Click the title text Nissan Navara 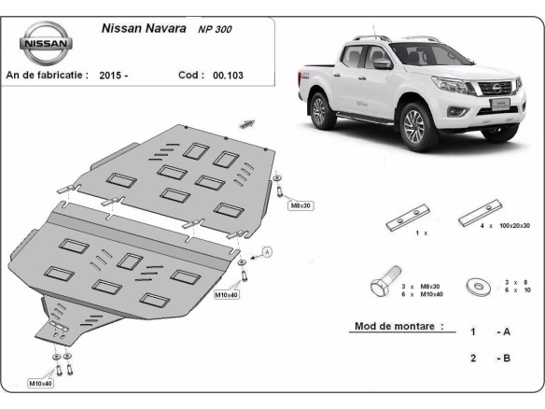click(x=141, y=28)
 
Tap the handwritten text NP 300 click(x=216, y=30)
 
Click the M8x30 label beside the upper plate click(x=300, y=204)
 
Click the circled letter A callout click(x=266, y=251)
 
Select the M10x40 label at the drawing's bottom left click(x=40, y=383)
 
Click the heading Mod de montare click(x=398, y=327)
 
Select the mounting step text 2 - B click(x=490, y=357)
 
